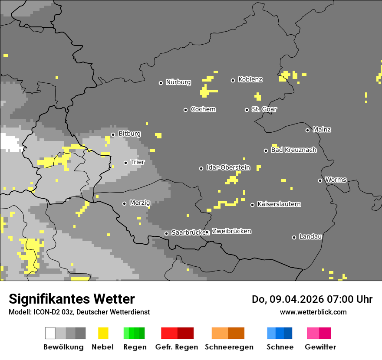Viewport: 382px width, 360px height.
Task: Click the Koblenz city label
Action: [250, 79]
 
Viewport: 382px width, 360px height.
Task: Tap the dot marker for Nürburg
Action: [161, 83]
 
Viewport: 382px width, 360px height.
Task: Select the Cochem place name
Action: [203, 109]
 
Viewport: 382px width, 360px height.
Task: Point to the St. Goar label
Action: [264, 109]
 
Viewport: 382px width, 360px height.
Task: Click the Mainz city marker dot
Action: [307, 130]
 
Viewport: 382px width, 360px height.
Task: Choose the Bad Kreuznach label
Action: [293, 150]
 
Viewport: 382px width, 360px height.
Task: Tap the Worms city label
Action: [336, 180]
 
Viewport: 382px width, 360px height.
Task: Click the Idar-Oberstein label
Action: [228, 167]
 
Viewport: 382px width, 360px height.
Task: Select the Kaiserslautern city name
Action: [279, 204]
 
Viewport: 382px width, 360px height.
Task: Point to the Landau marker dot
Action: [294, 237]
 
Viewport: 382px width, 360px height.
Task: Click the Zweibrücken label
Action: [231, 231]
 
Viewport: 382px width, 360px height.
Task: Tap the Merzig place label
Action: [140, 203]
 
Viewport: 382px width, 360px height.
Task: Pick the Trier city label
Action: [137, 162]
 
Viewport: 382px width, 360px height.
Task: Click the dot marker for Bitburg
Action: [113, 134]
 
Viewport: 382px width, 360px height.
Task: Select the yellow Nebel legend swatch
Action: [103, 333]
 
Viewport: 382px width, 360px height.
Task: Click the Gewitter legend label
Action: [320, 347]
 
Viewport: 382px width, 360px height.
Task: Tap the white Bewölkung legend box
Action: [50, 333]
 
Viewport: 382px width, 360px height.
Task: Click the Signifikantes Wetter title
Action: [72, 299]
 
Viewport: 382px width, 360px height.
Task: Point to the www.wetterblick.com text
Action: [313, 312]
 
